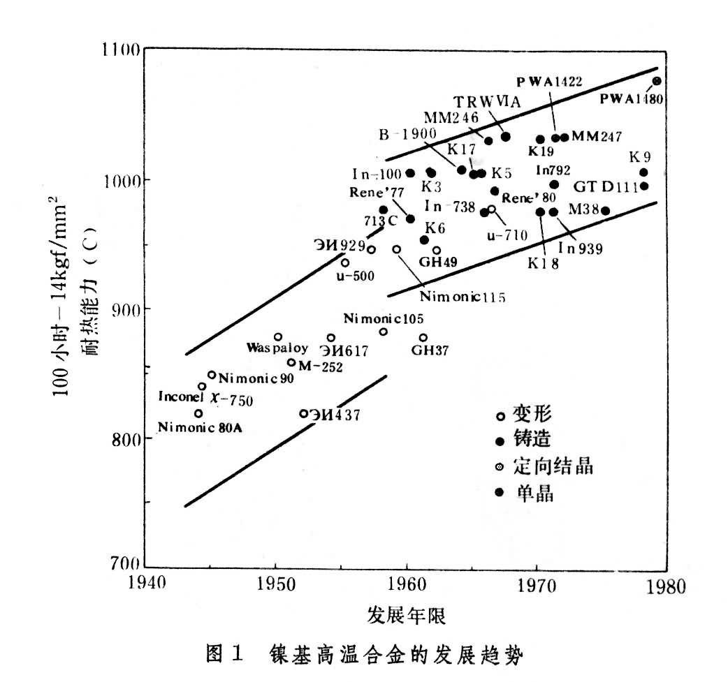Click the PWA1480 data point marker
point(657,81)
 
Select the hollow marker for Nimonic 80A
point(198,413)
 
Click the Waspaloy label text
point(272,347)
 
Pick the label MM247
point(596,137)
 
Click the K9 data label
point(641,156)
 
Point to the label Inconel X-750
point(205,400)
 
